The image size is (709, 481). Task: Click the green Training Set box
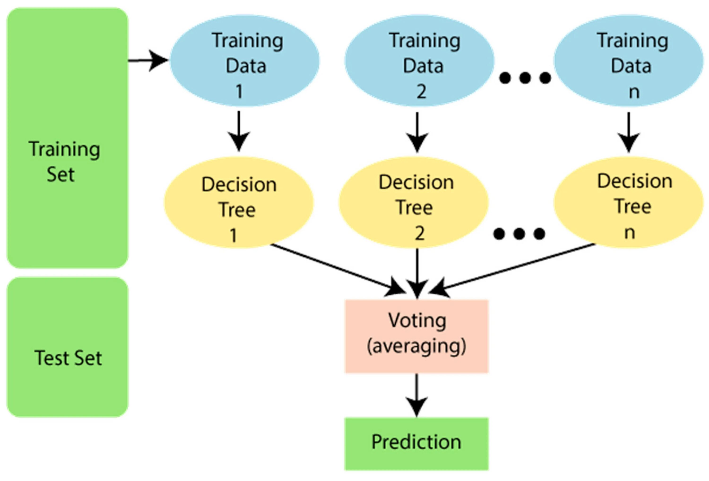point(67,138)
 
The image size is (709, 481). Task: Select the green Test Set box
point(67,347)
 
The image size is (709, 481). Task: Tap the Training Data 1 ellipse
point(245,61)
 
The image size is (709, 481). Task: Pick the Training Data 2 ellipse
point(419,61)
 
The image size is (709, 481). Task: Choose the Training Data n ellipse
point(629,61)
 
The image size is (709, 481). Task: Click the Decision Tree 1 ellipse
point(239,202)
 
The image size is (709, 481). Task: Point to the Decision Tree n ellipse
point(629,202)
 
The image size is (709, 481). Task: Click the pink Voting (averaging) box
point(417,336)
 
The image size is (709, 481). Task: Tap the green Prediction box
point(417,444)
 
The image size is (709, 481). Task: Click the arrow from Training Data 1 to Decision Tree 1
point(239,131)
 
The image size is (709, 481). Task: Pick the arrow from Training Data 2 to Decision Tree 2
point(417,132)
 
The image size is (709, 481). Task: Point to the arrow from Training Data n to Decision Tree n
point(628,132)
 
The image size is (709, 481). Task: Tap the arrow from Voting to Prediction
point(417,395)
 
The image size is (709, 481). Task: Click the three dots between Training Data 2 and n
point(525,78)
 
